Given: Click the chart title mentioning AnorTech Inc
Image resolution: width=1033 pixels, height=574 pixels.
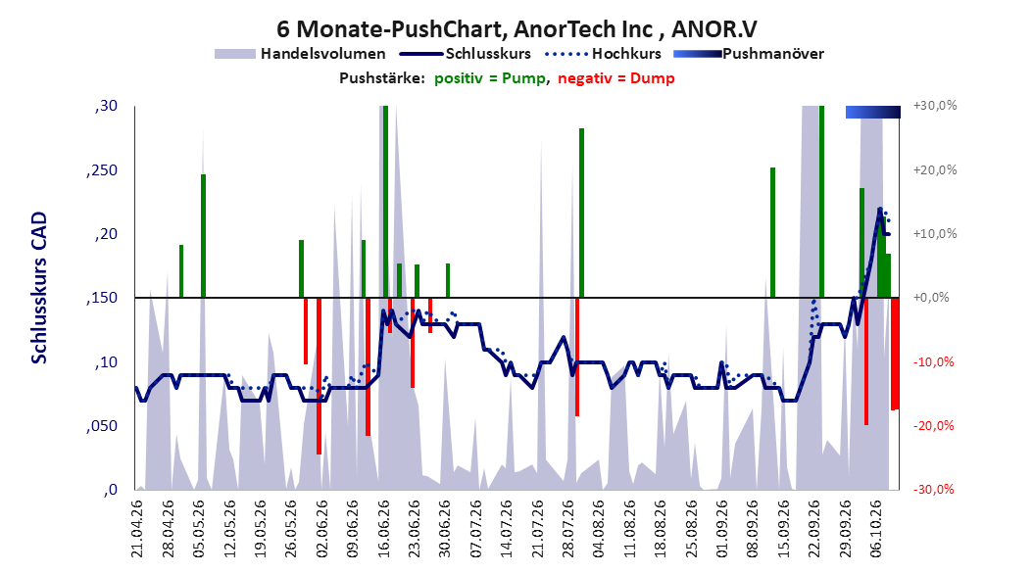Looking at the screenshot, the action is coord(516,29).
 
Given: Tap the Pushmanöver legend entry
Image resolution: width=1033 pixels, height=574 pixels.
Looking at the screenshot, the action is coord(749,54).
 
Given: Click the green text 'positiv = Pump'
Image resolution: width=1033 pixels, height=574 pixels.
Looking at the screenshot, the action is coord(489,78).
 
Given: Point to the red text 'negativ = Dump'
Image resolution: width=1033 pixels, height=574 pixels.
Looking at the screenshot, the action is coord(616,78).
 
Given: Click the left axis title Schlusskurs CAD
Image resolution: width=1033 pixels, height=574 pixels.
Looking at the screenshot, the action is coord(39,288).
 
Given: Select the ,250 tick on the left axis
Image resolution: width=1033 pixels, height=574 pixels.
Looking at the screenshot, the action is coord(102,170).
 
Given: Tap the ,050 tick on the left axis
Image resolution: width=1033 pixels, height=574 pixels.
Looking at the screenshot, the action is coord(102,426).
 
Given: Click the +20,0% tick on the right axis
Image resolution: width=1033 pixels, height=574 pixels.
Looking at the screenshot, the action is coord(935,169).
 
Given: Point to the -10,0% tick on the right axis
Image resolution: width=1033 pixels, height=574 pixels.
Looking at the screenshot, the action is coord(934,362).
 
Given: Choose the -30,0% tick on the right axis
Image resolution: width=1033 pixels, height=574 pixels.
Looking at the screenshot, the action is coord(934,490).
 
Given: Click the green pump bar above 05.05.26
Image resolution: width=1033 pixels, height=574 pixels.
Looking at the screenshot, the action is coord(204,236).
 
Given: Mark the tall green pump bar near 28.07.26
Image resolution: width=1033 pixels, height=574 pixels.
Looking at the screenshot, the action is coord(582,213).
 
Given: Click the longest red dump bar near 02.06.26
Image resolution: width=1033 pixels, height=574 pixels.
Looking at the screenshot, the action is coord(319,376).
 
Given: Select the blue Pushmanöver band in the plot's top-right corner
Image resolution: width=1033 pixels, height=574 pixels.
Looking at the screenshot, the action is coord(873,112).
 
